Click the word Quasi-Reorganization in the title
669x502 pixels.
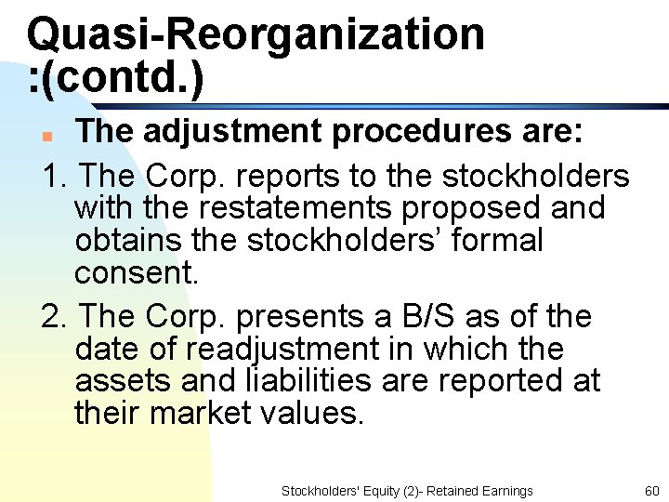click(256, 34)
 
